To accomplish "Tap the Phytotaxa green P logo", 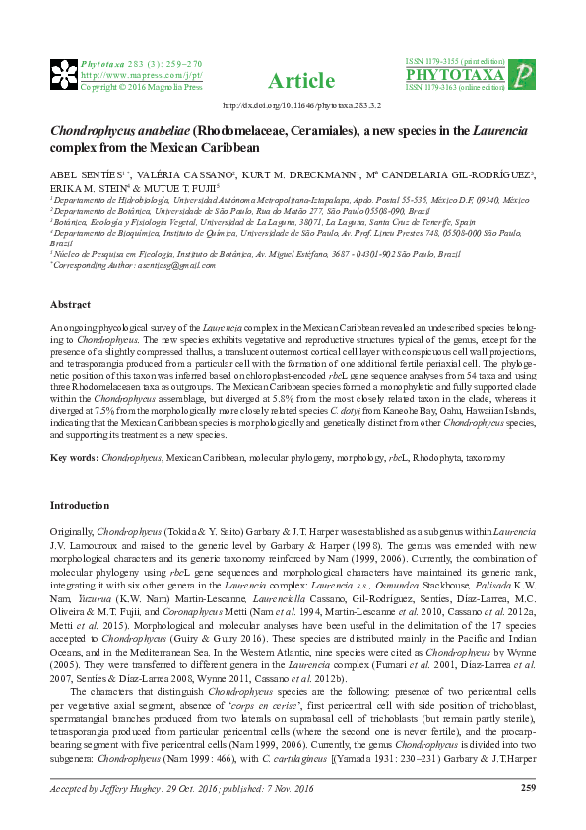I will (526, 74).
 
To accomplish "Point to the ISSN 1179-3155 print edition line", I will (459, 61).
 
